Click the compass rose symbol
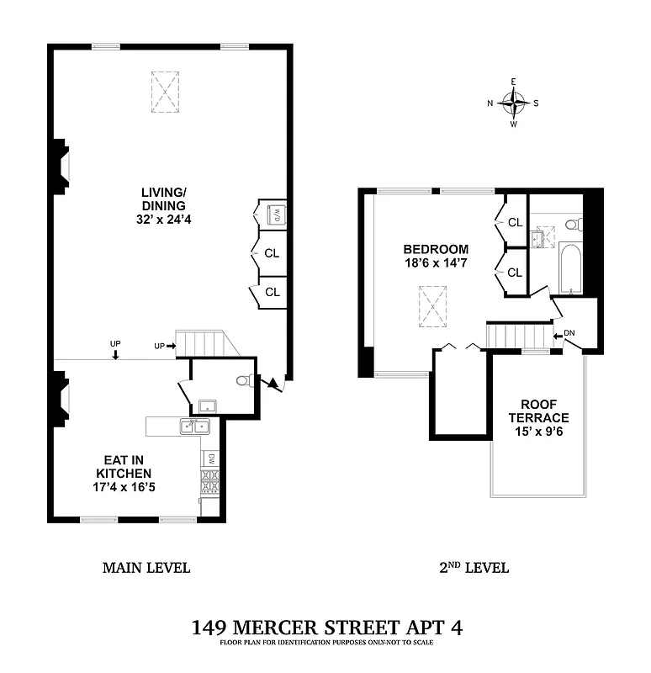tap(513, 103)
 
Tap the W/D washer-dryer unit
tap(275, 215)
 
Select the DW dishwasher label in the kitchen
tap(211, 458)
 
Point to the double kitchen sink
tap(194, 427)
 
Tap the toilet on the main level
tap(244, 381)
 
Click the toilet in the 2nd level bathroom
tap(574, 224)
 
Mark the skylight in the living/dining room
tap(166, 92)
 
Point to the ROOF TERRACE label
tap(538, 411)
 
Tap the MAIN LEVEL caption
tap(146, 568)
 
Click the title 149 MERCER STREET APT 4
tap(326, 627)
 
